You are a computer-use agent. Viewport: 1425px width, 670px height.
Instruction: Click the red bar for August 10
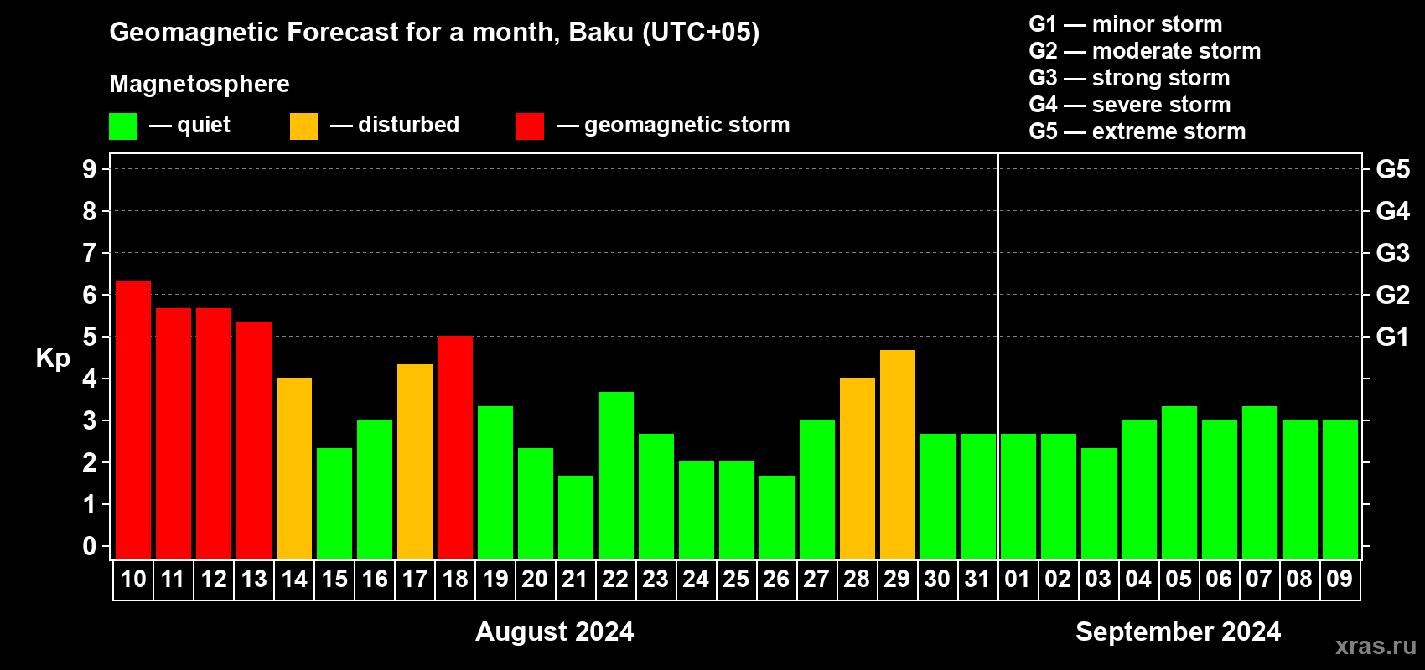pos(133,420)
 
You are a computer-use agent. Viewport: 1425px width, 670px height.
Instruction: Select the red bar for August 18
pos(455,447)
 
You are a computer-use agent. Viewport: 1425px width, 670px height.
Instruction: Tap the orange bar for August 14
pos(294,468)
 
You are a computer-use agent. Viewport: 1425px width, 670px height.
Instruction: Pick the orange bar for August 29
pos(898,455)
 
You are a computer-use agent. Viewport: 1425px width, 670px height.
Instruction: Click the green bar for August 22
pos(616,476)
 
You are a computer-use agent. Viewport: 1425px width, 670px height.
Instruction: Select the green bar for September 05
pos(1179,482)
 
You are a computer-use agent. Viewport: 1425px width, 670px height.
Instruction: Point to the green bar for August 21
pos(576,518)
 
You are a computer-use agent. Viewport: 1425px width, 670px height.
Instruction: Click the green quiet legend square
pos(122,126)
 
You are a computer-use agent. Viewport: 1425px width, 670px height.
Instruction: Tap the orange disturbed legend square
pos(303,126)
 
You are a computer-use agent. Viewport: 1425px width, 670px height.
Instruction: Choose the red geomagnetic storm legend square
pos(530,126)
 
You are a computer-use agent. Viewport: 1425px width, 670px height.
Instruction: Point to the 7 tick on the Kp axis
pos(89,253)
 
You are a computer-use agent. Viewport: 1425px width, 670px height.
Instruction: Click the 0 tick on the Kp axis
pos(89,546)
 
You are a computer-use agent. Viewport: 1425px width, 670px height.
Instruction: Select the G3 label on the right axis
pos(1392,253)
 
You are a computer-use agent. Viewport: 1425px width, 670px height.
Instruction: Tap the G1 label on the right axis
pos(1392,337)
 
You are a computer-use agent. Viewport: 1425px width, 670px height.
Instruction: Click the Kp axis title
pos(53,358)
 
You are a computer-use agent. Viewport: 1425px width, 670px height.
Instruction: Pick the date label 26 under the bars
pos(776,579)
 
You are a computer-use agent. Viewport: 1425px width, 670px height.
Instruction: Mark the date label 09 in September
pos(1339,579)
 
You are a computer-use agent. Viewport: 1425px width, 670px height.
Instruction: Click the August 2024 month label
pos(555,631)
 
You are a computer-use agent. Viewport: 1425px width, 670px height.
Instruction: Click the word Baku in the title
pos(600,32)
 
